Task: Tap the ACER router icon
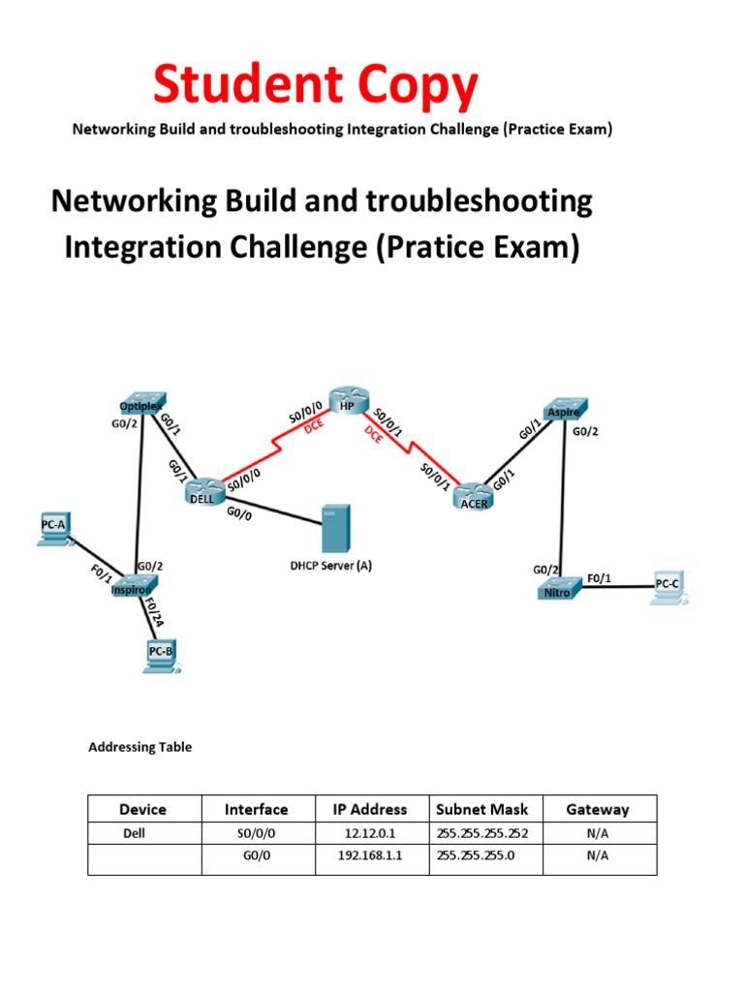[474, 496]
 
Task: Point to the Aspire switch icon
[561, 411]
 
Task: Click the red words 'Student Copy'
[316, 86]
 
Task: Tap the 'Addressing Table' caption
[140, 747]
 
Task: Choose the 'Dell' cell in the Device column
[133, 833]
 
